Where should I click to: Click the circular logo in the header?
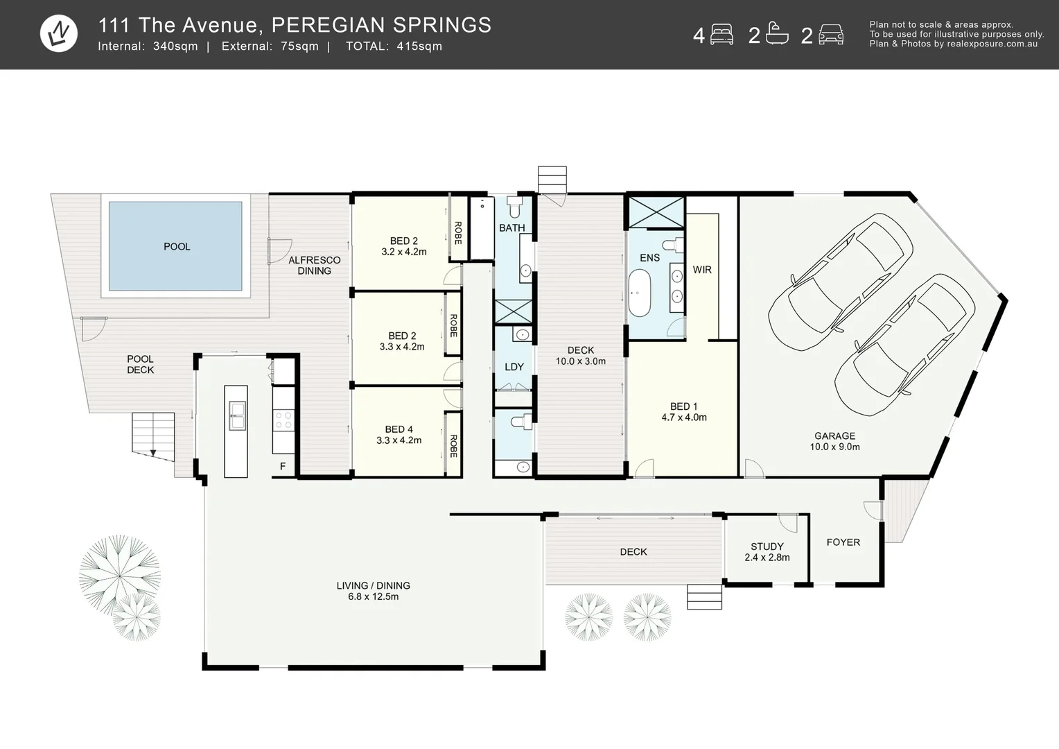tap(59, 33)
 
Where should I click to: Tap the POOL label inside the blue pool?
tap(177, 247)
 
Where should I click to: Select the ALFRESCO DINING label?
tap(314, 266)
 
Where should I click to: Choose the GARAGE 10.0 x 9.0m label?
tap(834, 441)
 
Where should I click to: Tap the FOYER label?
tap(843, 542)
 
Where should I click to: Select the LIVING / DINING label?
tap(373, 591)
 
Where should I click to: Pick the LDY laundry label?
tap(514, 367)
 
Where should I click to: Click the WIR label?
tap(702, 270)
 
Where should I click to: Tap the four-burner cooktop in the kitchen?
tap(283, 420)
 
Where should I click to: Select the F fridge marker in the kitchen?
tap(283, 467)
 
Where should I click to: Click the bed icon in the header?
tap(721, 35)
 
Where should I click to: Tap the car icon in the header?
tap(830, 35)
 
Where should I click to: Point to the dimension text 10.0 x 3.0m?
tap(580, 361)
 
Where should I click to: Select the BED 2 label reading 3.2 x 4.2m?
tap(403, 246)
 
